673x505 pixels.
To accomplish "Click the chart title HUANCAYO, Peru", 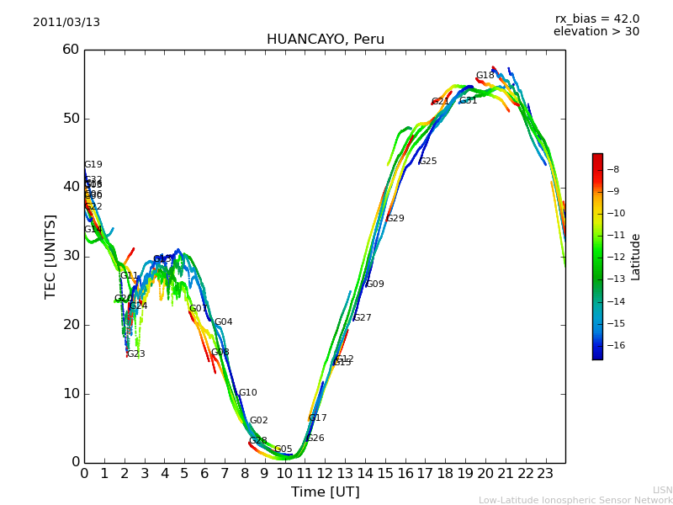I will [x=325, y=40].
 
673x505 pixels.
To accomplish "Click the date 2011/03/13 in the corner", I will [x=66, y=23].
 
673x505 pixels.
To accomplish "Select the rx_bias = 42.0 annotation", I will [x=596, y=19].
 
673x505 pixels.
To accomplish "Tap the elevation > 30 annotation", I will [x=596, y=32].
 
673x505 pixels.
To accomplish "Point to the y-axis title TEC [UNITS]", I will [x=50, y=256].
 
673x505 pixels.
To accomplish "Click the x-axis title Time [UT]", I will [x=325, y=492].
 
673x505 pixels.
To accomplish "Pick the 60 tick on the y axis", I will [x=70, y=50].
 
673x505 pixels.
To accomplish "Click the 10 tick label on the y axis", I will [x=70, y=394].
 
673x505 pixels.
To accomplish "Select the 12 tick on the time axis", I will [x=325, y=474].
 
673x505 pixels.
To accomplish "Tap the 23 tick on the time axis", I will [x=545, y=474].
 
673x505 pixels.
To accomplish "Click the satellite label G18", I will [x=485, y=76].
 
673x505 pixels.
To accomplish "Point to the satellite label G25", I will [x=427, y=162].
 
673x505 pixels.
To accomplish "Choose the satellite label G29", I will [x=395, y=219].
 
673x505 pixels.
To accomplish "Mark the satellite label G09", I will [x=374, y=284].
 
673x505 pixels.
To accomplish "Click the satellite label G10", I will [x=247, y=393].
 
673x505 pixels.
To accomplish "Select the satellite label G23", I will [x=135, y=354].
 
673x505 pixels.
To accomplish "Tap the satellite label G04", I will [x=223, y=322].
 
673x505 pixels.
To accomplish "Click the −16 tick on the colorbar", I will [x=612, y=345].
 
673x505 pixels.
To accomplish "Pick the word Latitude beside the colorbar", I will [x=636, y=257].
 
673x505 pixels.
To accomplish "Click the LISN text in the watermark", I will [x=662, y=490].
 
